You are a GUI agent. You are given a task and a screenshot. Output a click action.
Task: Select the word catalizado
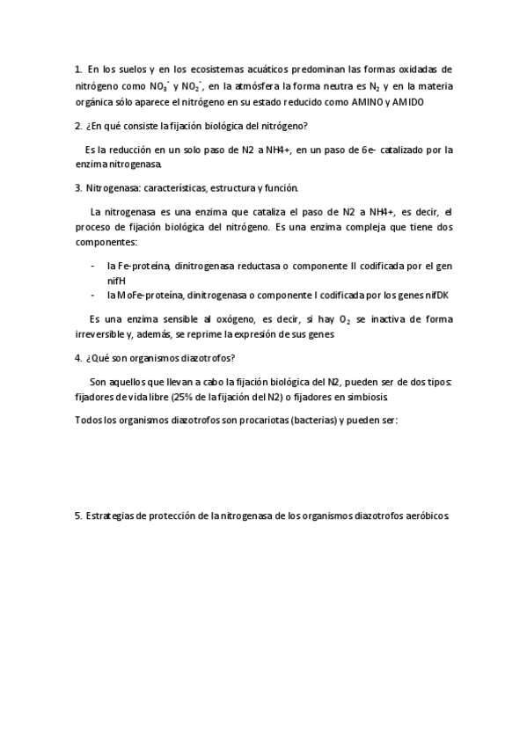click(408, 150)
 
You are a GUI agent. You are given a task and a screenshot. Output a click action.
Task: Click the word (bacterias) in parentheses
click(314, 421)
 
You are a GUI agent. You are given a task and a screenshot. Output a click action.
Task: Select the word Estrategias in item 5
click(113, 516)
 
